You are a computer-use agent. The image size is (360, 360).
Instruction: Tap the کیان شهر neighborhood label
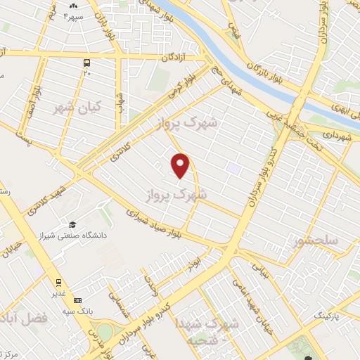coord(76,108)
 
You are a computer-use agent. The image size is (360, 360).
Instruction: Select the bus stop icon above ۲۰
coord(87,62)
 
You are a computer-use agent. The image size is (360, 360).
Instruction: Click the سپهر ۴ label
coord(72,15)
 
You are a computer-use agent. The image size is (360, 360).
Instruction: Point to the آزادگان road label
coord(178,57)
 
